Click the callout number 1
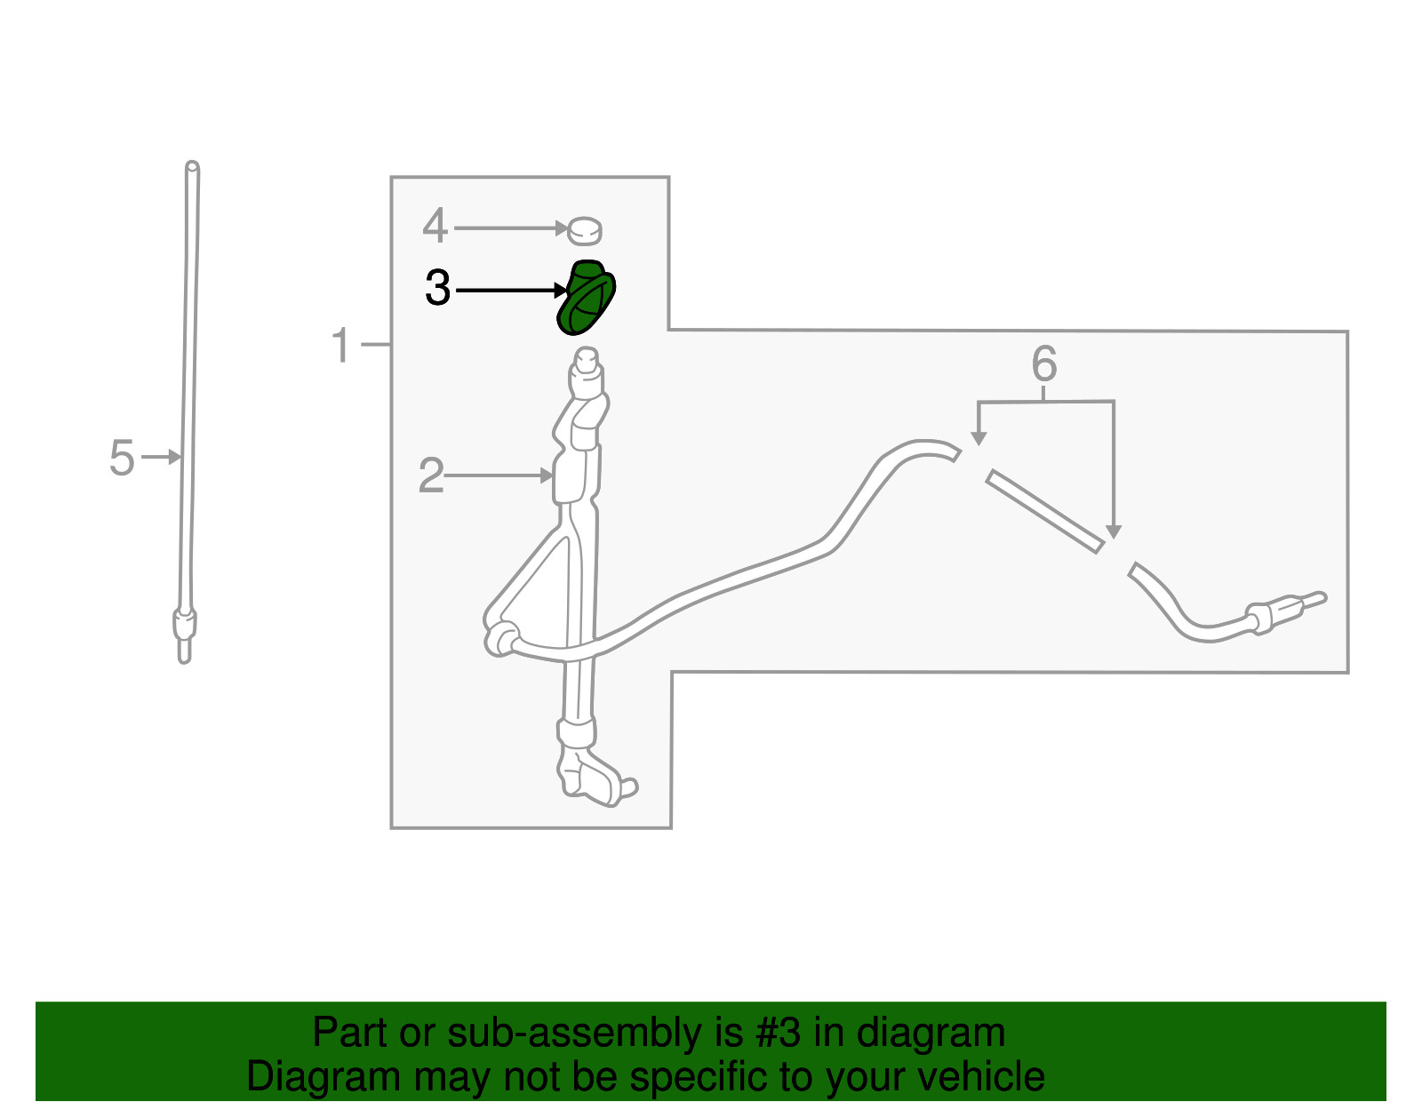pos(341,345)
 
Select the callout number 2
pos(431,475)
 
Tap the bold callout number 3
pos(438,289)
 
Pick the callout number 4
pos(435,226)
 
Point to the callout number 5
pos(122,457)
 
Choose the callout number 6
pos(1044,363)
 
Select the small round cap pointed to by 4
pos(585,231)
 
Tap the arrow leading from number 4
pos(511,228)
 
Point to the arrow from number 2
pos(498,475)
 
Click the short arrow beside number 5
pos(161,457)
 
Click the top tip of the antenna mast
pos(192,165)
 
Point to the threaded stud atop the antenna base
pos(587,362)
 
